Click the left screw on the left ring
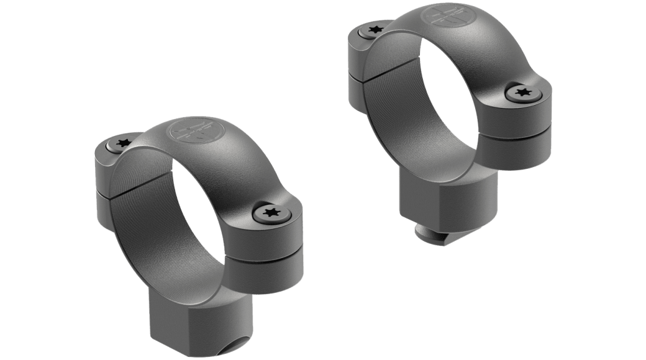pyautogui.click(x=121, y=145)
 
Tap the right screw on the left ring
pyautogui.click(x=270, y=213)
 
